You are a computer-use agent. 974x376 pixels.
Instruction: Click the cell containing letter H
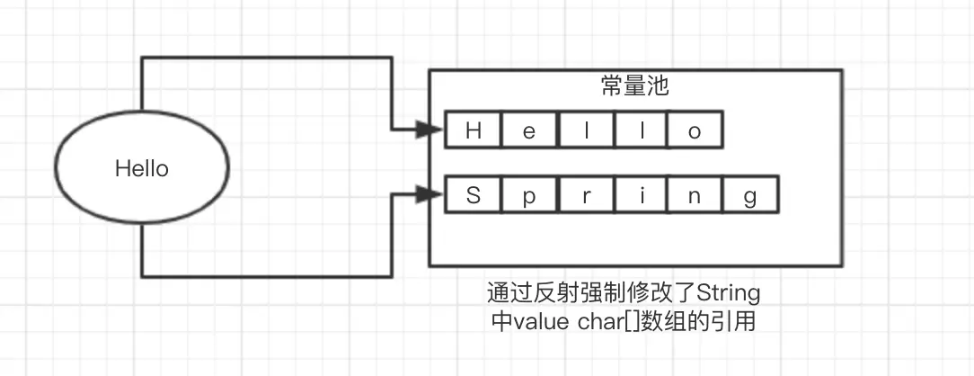[474, 130]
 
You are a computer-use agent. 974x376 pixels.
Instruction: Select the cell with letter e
[529, 130]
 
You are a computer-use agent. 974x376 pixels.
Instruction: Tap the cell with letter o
[695, 130]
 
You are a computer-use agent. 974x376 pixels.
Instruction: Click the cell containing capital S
[474, 194]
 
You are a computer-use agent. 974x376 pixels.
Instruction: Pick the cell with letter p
[529, 194]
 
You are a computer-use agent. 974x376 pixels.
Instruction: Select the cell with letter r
[584, 194]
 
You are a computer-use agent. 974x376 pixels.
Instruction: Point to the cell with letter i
[640, 194]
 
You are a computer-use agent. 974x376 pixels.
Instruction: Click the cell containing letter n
[695, 194]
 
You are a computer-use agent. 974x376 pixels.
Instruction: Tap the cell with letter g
[750, 194]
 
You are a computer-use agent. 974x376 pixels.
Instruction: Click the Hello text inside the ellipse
[142, 168]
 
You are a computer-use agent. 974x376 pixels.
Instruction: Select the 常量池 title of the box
[634, 87]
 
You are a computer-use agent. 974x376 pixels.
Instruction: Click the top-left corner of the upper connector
[143, 58]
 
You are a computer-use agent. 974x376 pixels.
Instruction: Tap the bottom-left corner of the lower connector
[143, 276]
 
